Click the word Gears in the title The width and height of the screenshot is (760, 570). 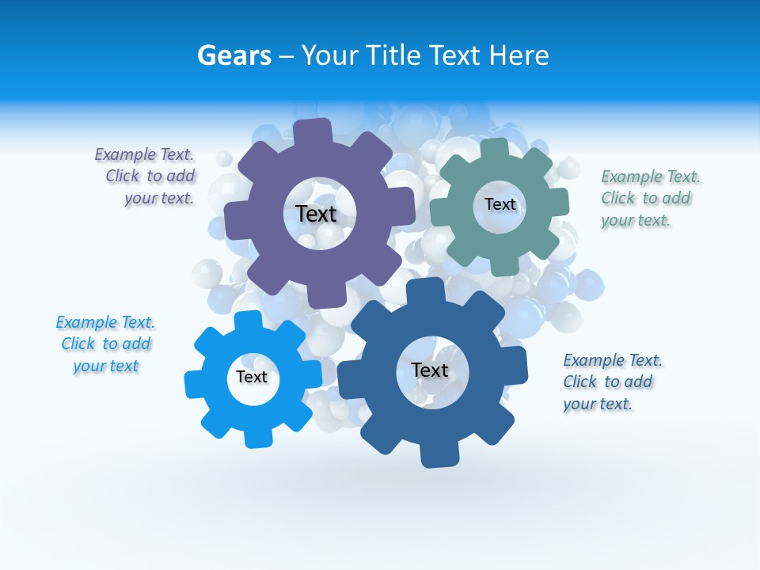[234, 55]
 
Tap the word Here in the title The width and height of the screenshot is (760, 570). [519, 55]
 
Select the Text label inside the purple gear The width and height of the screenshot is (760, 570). [316, 214]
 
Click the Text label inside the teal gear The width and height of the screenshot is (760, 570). [500, 204]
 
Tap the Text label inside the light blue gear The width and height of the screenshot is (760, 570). [251, 377]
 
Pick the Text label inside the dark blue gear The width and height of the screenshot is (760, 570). [429, 370]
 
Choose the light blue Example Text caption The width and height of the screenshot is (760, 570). [106, 344]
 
